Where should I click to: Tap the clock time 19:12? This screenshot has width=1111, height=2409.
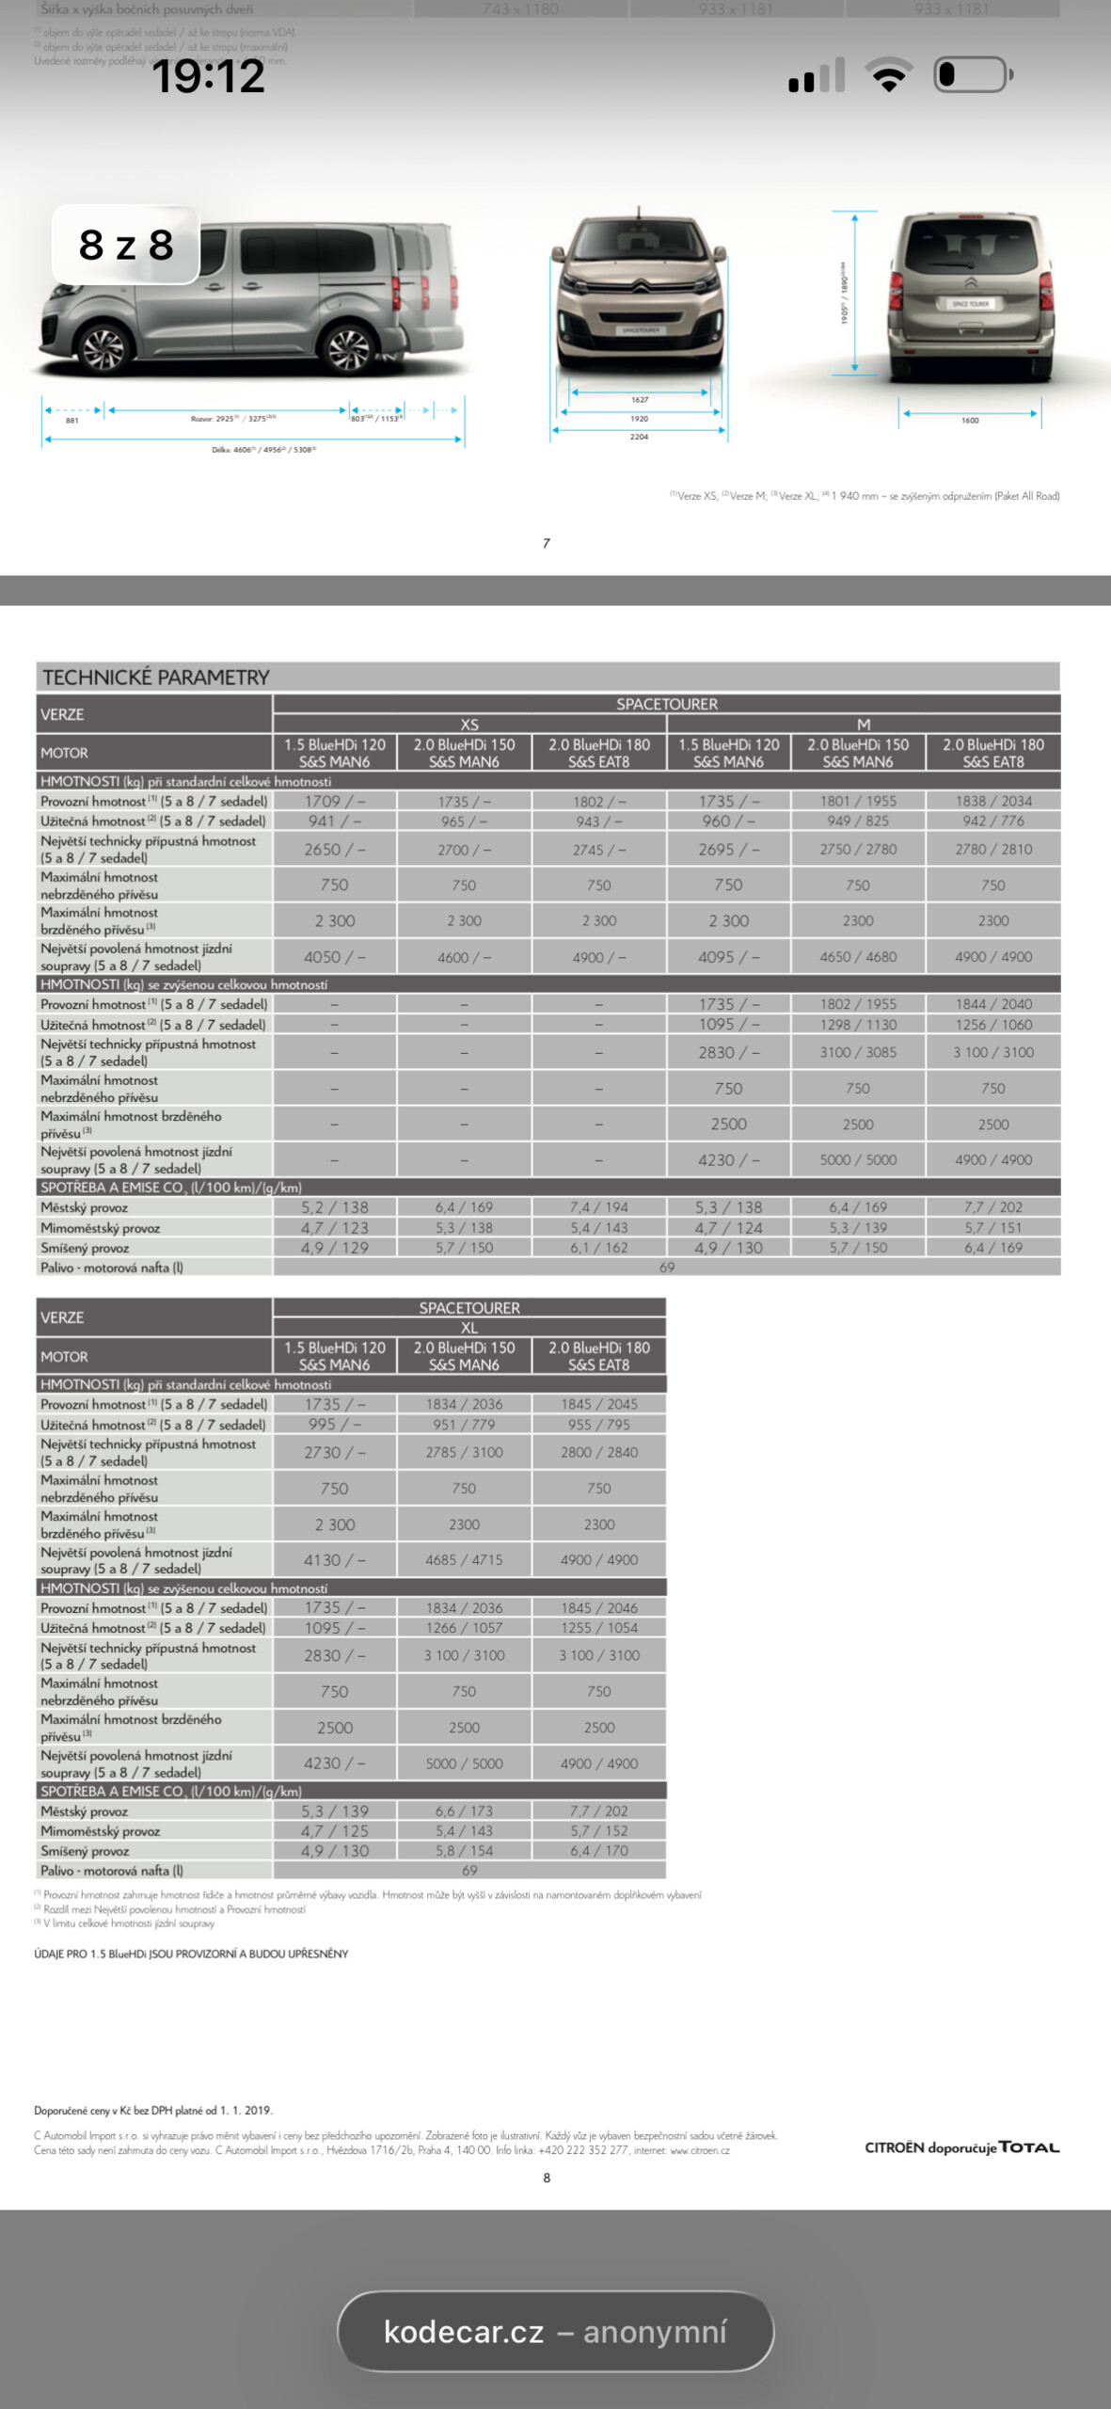(208, 76)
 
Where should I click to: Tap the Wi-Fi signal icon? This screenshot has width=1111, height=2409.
(888, 74)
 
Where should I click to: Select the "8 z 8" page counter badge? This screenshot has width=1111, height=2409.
(126, 245)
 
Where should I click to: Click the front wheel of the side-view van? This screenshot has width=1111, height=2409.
(103, 349)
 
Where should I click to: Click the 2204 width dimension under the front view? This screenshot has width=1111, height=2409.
(639, 437)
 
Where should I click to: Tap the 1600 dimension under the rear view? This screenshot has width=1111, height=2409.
(970, 421)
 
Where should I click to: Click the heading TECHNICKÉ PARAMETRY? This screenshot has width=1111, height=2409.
(156, 678)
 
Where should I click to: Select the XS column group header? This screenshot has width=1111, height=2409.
(469, 725)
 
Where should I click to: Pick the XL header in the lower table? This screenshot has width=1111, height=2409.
(469, 1328)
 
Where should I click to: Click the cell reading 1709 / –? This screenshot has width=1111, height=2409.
(335, 801)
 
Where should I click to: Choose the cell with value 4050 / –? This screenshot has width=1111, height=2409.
(335, 957)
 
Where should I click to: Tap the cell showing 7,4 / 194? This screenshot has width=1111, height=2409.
(599, 1207)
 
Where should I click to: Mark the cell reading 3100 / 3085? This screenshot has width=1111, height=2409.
(858, 1052)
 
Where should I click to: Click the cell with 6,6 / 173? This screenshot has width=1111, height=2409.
(464, 1811)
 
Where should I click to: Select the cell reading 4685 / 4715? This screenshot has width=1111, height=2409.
(464, 1560)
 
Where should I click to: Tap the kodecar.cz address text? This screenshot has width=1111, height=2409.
(464, 2332)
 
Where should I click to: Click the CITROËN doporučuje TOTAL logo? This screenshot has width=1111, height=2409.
(961, 2147)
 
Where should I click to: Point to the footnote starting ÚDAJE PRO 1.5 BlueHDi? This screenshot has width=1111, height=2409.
(191, 1954)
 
